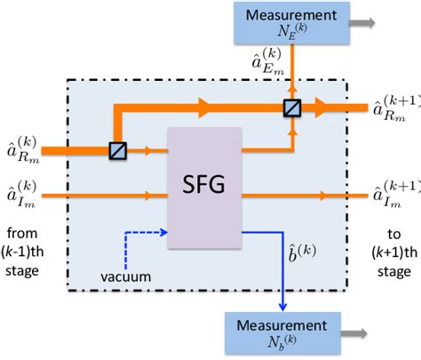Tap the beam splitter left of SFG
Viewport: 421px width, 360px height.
116,151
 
